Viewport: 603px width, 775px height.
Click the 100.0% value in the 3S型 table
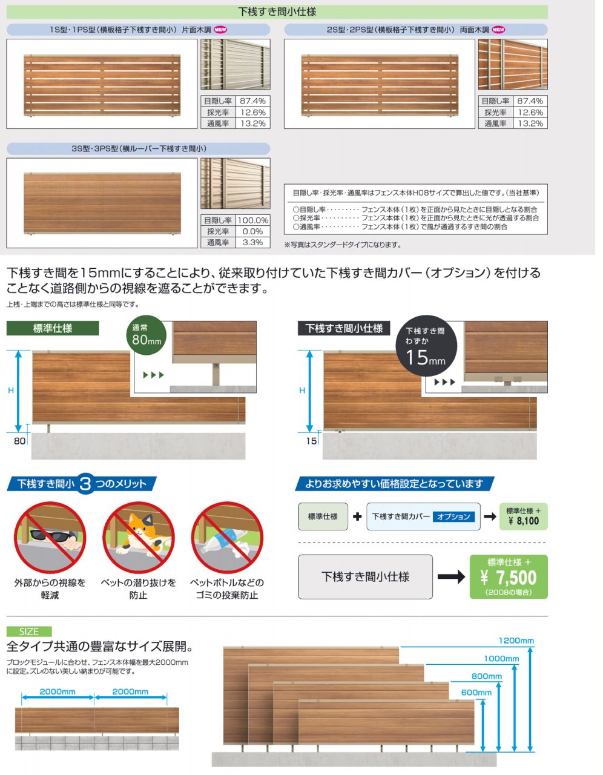(253, 220)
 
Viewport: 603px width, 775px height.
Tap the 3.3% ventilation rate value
(253, 243)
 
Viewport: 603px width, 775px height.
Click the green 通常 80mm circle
(147, 335)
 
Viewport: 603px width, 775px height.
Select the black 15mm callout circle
(426, 346)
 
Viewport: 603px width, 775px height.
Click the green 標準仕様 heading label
(53, 328)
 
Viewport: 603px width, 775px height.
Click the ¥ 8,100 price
(524, 521)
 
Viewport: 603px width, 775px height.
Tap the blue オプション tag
(453, 517)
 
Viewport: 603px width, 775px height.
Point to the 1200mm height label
(516, 641)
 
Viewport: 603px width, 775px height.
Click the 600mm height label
(476, 693)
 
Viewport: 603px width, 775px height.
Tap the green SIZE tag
(29, 632)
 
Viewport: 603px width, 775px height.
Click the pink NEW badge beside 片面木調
(220, 30)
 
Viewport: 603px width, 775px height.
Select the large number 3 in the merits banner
(85, 484)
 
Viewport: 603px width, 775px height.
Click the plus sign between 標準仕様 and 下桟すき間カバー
(357, 516)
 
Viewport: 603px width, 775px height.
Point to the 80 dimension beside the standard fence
(19, 441)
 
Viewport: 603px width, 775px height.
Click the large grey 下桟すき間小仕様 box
(365, 576)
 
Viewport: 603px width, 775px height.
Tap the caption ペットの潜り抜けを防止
(139, 589)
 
